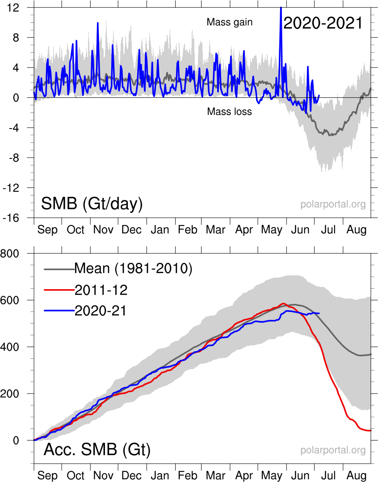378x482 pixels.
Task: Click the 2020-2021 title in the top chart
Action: point(323,23)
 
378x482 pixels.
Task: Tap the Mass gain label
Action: point(230,22)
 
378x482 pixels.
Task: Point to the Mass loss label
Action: point(229,112)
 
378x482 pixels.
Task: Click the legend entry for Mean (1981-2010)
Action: point(133,268)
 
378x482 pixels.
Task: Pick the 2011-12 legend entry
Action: point(101,290)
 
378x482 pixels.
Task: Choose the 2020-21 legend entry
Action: point(101,311)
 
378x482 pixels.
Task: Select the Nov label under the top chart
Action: point(103,230)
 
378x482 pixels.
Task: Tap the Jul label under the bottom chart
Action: point(328,475)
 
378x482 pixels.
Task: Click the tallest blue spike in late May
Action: point(281,8)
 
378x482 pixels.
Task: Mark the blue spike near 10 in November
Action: point(97,23)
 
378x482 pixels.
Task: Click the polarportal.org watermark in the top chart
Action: point(333,204)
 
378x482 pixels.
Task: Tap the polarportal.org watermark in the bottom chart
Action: point(333,450)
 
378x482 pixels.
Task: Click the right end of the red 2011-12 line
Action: point(370,430)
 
